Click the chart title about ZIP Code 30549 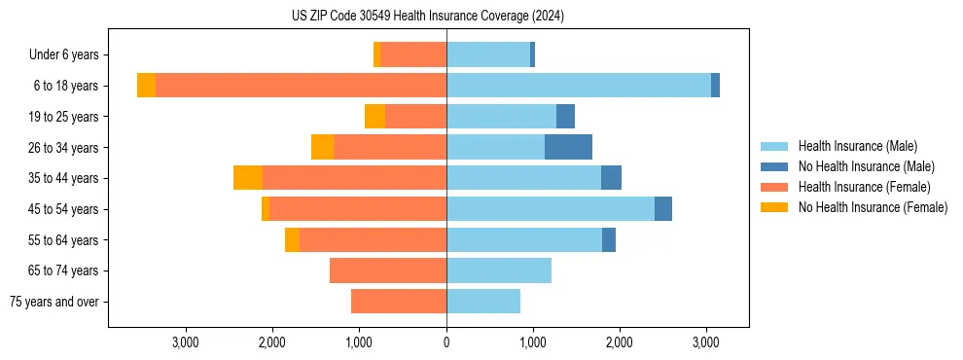click(428, 17)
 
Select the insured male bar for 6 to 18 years click(579, 86)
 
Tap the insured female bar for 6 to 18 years click(301, 86)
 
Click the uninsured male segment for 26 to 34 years click(568, 147)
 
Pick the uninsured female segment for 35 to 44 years click(248, 178)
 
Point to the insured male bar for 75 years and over click(483, 302)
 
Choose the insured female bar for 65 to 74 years click(388, 270)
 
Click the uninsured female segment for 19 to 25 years click(374, 117)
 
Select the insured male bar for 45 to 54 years click(551, 209)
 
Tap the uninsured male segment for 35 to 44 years click(611, 178)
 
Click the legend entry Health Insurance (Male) click(857, 146)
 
